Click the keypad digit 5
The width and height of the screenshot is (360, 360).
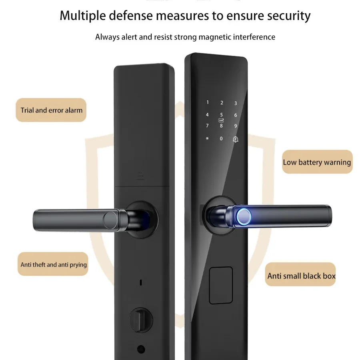click(221, 115)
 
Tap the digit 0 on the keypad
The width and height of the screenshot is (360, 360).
click(221, 138)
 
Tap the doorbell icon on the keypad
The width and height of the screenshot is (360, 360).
click(235, 139)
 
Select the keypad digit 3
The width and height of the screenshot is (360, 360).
click(236, 103)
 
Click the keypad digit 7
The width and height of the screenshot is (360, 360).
click(207, 126)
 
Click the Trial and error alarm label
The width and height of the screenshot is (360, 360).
click(52, 110)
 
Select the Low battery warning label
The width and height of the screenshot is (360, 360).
click(317, 162)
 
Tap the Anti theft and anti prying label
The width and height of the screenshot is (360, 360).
click(54, 264)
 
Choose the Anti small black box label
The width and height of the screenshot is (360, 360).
click(301, 276)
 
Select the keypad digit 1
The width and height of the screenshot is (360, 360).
click(207, 102)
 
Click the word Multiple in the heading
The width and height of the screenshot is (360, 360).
click(83, 16)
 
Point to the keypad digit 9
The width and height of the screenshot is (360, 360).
click(236, 126)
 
